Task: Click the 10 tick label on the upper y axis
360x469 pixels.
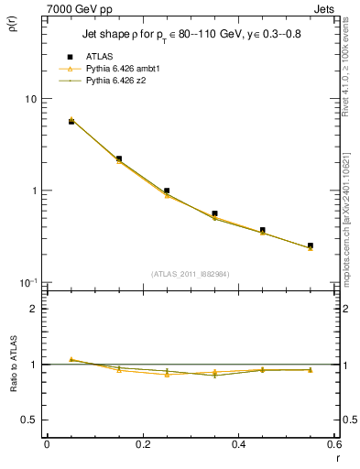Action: click(29, 99)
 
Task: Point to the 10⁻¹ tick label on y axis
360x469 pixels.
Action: click(27, 283)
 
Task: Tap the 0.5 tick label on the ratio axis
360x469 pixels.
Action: click(28, 420)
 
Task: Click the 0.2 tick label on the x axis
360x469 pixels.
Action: click(143, 443)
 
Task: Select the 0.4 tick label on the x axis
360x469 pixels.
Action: click(239, 443)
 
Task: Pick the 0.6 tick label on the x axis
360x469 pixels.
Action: click(334, 443)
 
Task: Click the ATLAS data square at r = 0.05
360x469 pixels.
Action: click(71, 121)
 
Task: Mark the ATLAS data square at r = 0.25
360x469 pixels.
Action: click(167, 191)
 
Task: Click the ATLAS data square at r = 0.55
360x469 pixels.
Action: click(311, 245)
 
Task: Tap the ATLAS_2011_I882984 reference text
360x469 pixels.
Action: click(191, 273)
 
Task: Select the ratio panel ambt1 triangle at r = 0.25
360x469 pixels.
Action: click(167, 375)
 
